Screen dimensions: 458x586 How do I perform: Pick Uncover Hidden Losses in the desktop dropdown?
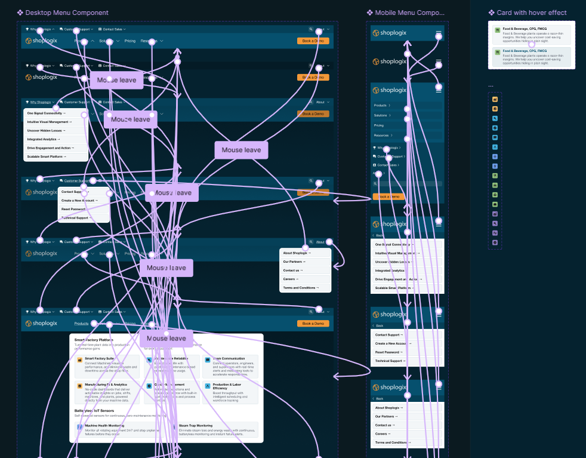point(46,130)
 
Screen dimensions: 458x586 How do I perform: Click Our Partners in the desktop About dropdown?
point(294,262)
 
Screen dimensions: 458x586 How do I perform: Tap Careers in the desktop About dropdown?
point(291,279)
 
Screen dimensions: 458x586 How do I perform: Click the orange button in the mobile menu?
point(388,196)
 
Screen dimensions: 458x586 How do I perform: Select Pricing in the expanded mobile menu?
point(379,125)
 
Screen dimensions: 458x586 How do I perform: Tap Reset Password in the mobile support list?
point(388,352)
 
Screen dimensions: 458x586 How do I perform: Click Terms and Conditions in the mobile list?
point(394,442)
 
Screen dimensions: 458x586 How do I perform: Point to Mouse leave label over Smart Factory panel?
point(166,339)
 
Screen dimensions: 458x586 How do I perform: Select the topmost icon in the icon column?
point(495,99)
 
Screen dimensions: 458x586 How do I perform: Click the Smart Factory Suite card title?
point(99,358)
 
